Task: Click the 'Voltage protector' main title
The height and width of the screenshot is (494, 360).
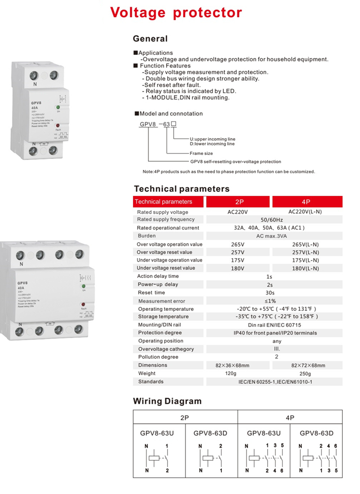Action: tap(176, 13)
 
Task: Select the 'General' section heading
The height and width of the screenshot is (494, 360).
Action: tap(150, 38)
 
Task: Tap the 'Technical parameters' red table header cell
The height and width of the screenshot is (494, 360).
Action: tap(163, 201)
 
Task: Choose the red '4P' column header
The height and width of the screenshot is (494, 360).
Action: tap(306, 201)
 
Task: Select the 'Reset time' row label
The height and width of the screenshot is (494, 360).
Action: tap(151, 293)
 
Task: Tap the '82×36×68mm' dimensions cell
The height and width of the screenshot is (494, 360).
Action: tap(232, 366)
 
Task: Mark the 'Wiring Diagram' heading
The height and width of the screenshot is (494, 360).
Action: tap(167, 401)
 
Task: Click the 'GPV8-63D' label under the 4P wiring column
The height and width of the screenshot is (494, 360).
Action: tap(317, 433)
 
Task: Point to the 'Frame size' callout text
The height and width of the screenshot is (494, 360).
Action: tap(201, 153)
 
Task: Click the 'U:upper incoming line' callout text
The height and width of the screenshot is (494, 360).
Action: tap(213, 139)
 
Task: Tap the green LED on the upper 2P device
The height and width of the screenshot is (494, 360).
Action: tap(58, 107)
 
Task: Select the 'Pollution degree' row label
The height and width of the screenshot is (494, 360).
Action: tap(158, 357)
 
